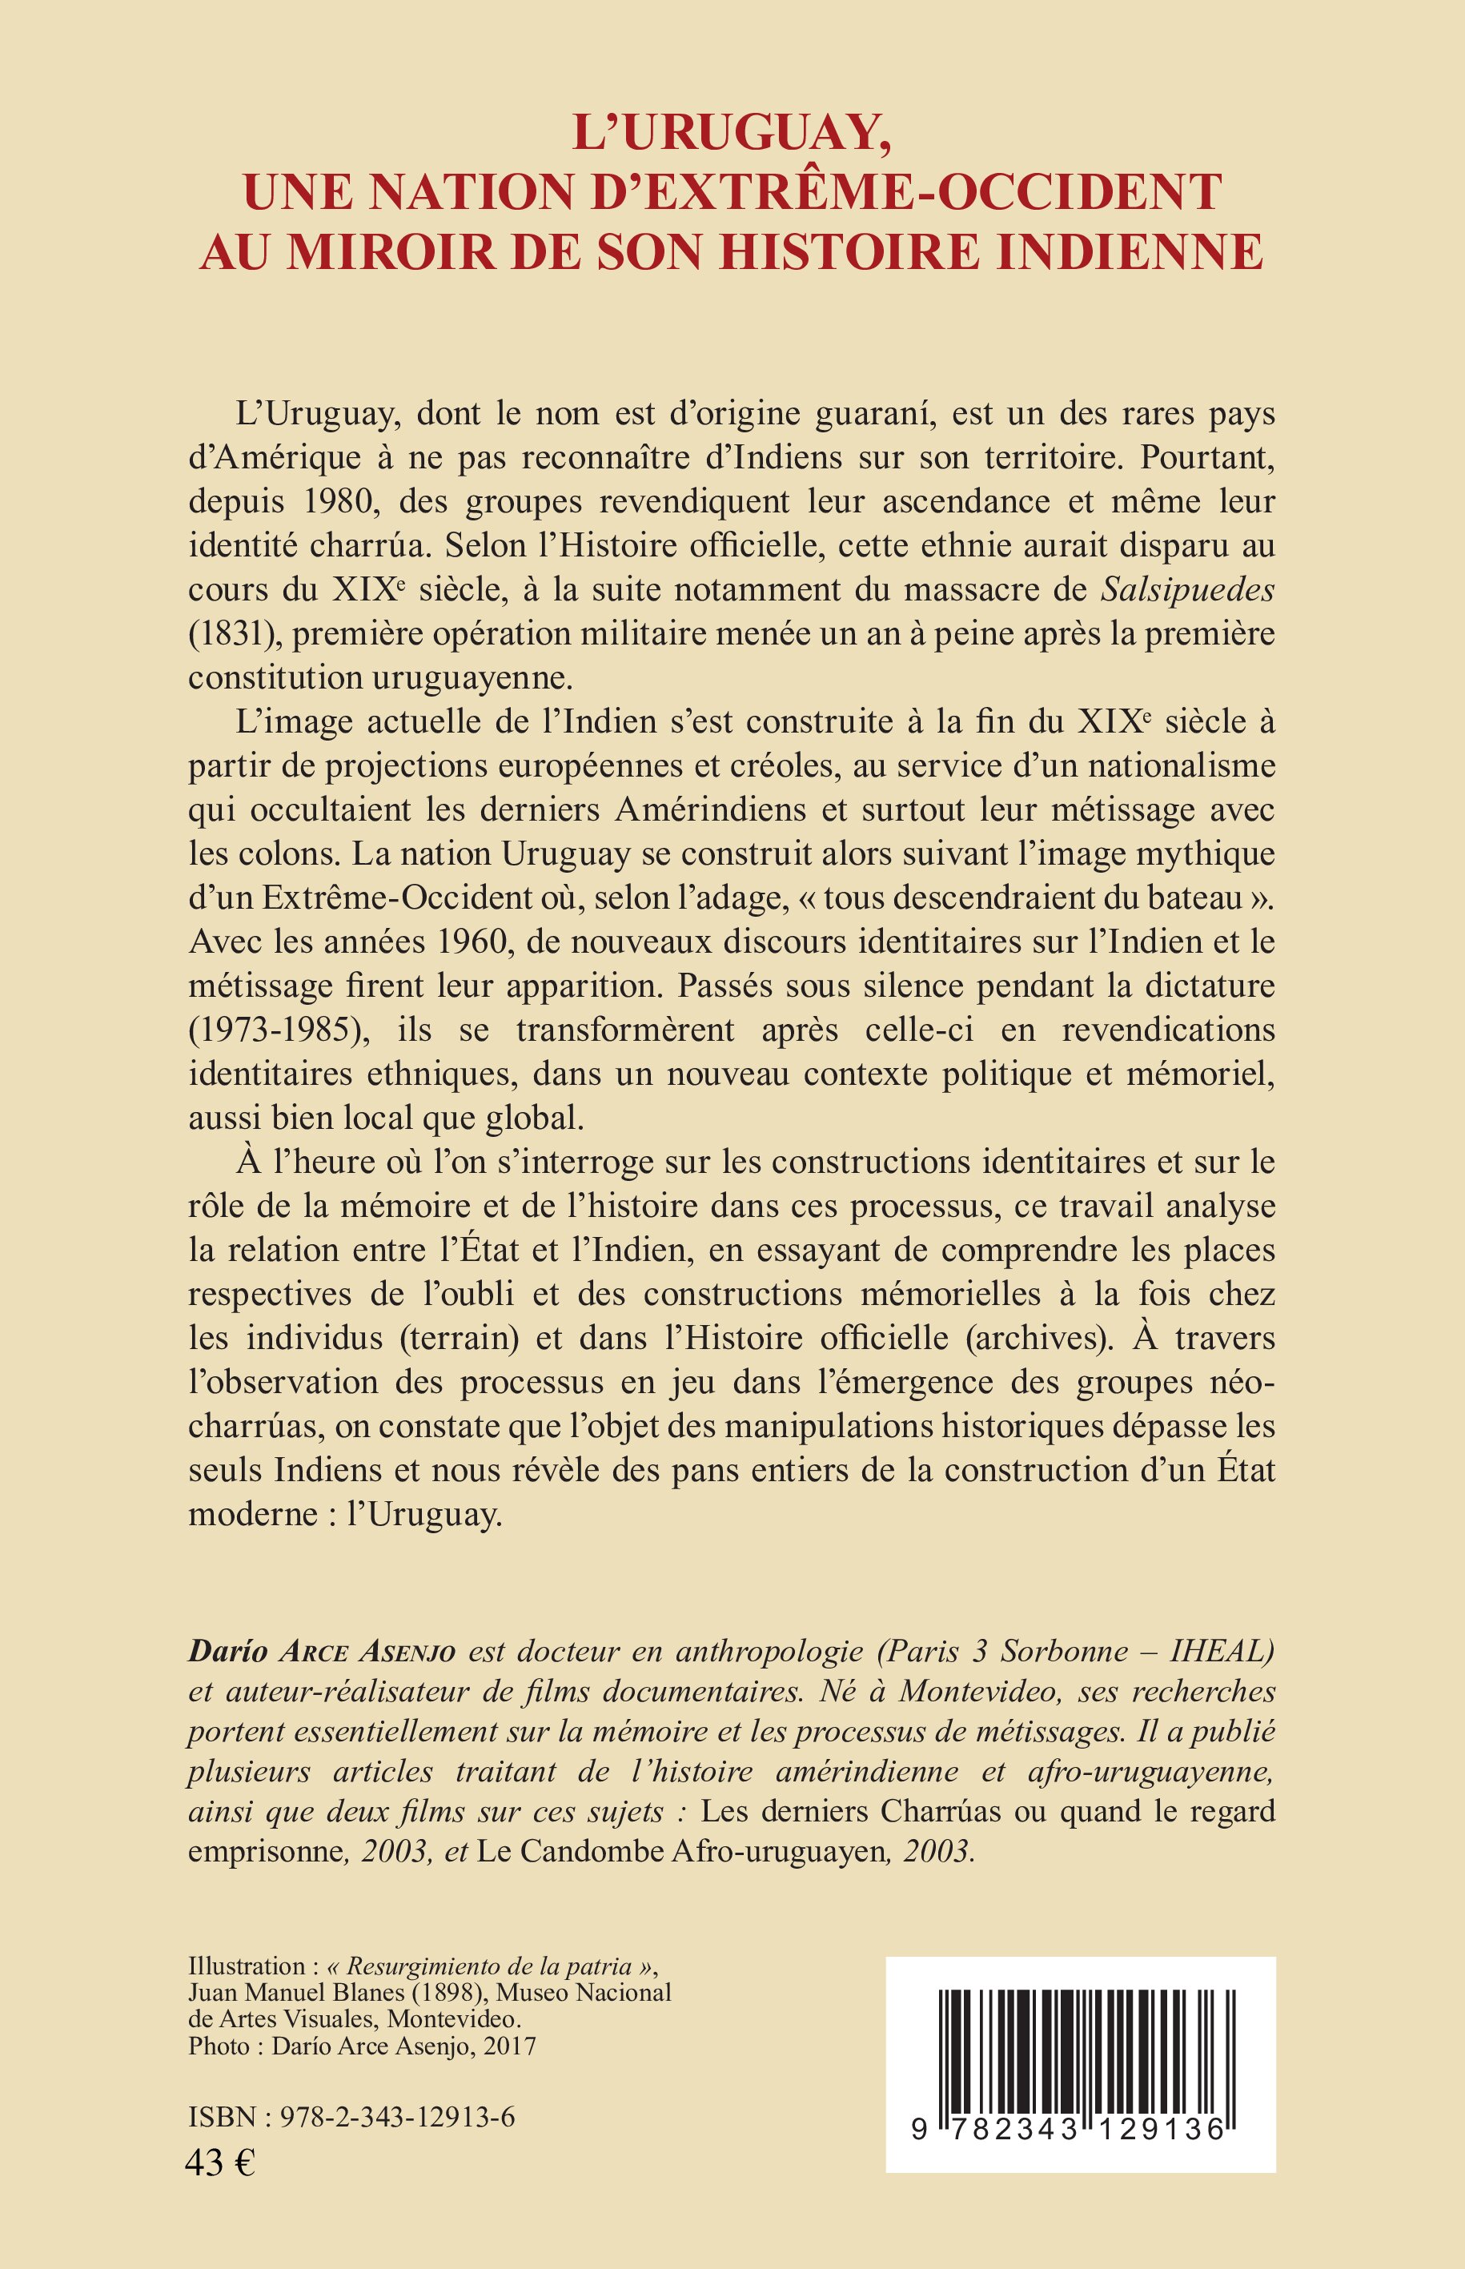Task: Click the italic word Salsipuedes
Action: (1187, 590)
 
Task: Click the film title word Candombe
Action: (587, 1850)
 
